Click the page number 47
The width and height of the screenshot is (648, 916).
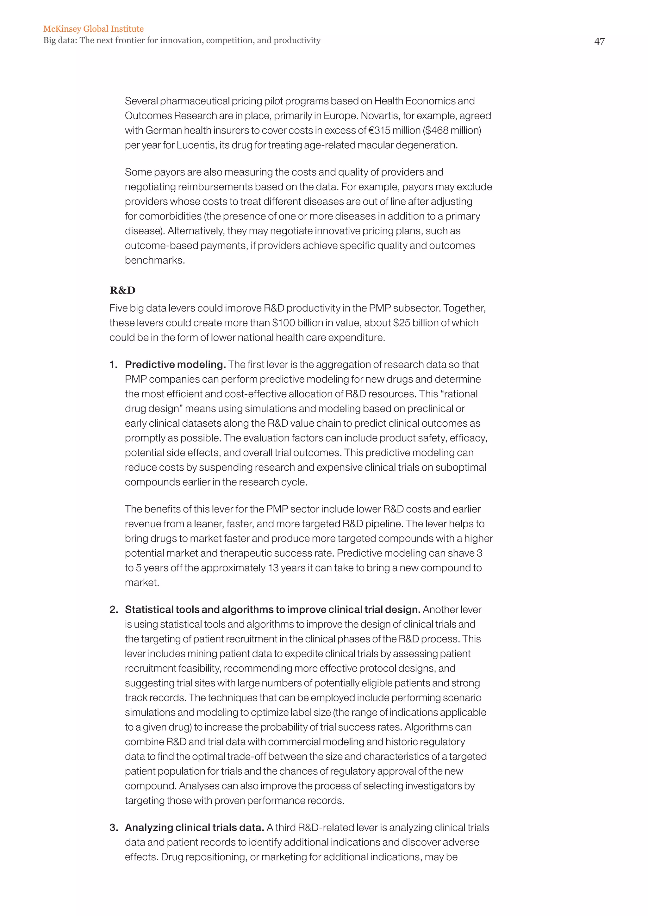coord(599,41)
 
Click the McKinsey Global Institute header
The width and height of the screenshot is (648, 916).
coord(93,29)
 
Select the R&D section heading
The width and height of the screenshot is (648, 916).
coord(122,290)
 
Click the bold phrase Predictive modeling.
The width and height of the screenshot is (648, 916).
coord(176,365)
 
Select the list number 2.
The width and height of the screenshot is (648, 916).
coord(114,610)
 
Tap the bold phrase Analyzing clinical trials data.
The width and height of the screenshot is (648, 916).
coord(194,828)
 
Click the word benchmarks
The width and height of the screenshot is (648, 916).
coord(154,261)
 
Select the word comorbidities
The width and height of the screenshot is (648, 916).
coord(169,216)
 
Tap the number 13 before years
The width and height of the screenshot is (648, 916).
coord(273,568)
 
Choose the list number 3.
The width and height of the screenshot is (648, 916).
coord(114,828)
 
